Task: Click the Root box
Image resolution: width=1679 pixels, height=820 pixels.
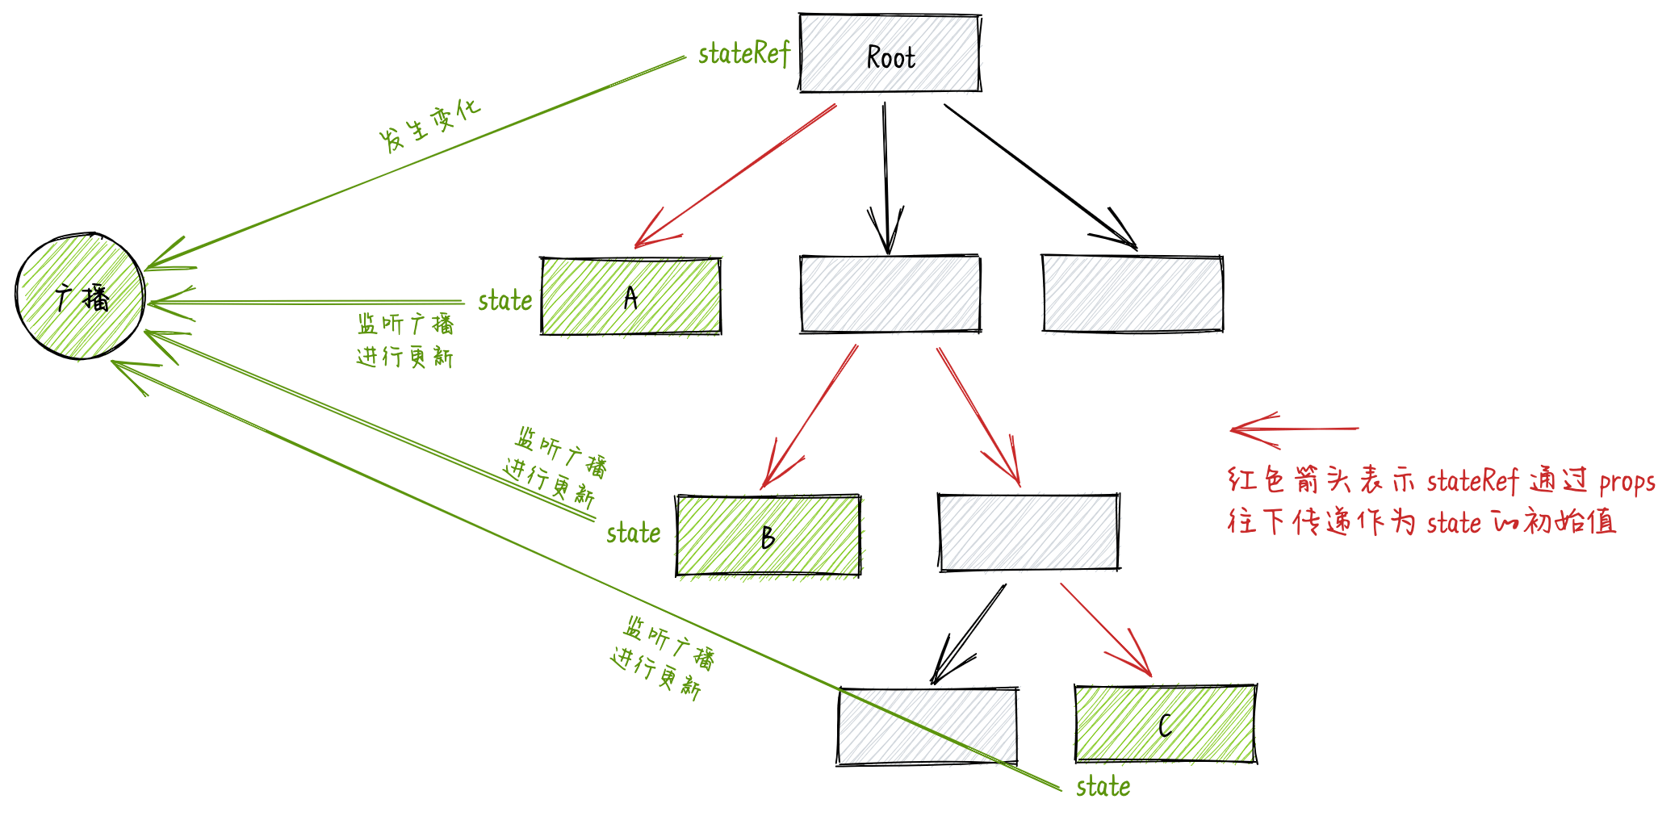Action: point(890,53)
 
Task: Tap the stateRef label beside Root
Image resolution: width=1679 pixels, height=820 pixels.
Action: point(743,54)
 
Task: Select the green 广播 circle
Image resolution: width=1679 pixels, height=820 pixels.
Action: point(80,296)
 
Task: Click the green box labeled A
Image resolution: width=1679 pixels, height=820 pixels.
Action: point(630,296)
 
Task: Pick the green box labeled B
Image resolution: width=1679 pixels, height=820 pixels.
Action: point(768,536)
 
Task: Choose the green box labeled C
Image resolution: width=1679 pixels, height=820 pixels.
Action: point(1165,724)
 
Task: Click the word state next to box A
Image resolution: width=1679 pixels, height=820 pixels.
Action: point(505,301)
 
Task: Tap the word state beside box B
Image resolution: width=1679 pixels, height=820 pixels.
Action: point(633,533)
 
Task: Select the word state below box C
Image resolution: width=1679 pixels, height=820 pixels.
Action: point(1103,787)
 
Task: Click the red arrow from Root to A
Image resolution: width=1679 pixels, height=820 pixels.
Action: point(735,176)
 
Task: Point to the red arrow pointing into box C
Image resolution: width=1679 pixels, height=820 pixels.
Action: point(1105,629)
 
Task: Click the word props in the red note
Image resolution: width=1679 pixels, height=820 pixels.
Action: point(1627,483)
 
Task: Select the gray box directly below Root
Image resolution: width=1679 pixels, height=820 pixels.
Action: point(890,294)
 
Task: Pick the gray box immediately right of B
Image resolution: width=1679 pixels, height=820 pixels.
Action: point(1028,532)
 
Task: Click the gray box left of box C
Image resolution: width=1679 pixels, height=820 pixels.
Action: point(927,726)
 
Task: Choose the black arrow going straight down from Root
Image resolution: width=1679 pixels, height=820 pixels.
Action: point(886,178)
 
